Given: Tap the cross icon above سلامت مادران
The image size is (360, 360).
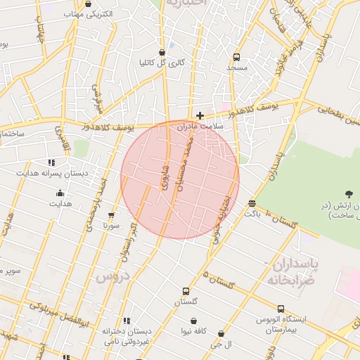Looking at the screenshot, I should coord(200,115).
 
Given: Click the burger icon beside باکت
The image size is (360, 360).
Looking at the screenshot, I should coord(252,203).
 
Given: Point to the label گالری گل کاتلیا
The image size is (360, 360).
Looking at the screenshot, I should coord(162,63).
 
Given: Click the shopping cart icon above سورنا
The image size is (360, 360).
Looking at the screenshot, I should coord(111,215).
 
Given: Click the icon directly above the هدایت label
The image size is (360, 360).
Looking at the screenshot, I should coord(60,193).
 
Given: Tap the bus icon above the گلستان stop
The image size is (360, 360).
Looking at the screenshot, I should coord(186,291).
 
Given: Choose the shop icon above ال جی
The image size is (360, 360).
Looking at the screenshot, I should coord(221,334).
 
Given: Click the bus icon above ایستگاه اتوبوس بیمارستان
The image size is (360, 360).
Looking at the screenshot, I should coord(281,309).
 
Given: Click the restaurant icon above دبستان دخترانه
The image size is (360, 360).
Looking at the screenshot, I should coord(127,321).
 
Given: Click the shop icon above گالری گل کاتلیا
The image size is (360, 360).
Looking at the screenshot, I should coord(162,52).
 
